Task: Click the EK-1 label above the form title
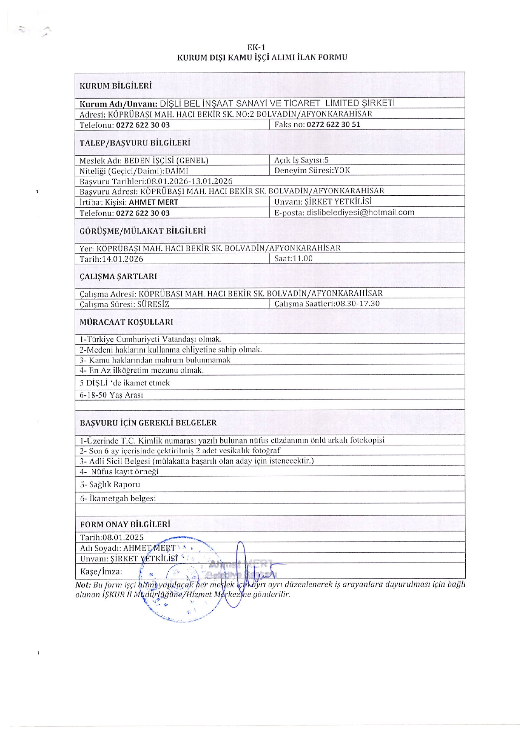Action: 259,47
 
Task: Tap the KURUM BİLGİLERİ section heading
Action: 115,86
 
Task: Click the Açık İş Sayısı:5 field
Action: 301,160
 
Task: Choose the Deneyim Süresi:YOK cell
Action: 312,170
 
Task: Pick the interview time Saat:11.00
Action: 293,258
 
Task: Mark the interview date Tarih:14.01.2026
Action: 111,259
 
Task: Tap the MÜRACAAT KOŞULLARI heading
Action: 126,322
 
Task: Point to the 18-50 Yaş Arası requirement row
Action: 112,395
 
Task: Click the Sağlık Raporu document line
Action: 110,484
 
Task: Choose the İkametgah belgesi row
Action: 118,498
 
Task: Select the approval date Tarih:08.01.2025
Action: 112,537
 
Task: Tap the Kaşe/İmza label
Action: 101,572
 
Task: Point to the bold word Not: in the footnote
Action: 83,584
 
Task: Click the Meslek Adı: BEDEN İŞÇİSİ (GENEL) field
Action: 143,160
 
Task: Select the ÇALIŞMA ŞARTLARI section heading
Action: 118,276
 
